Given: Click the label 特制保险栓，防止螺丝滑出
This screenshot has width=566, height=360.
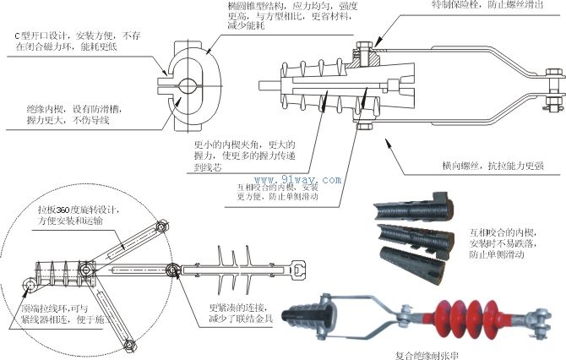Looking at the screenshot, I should [x=483, y=7].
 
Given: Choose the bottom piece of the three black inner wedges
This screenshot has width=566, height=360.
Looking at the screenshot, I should [x=414, y=256].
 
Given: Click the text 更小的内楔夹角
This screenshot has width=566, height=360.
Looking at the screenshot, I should [x=231, y=145].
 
